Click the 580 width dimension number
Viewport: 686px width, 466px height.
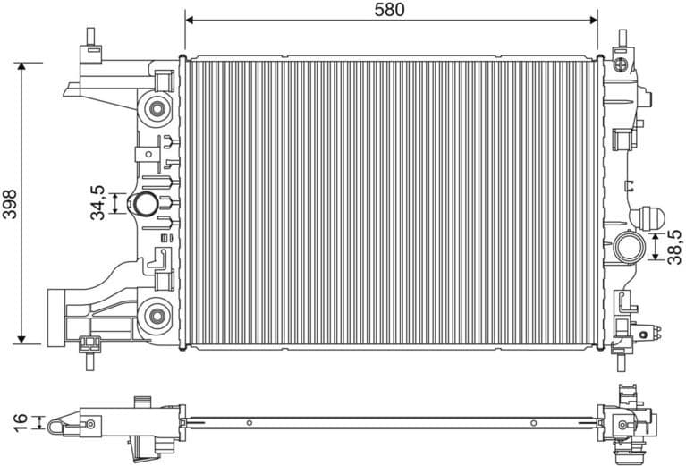tap(390, 10)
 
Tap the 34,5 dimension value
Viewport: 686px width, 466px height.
tap(98, 202)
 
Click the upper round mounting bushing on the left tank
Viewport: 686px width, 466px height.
tap(158, 110)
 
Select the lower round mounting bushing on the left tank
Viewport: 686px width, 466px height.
tap(158, 314)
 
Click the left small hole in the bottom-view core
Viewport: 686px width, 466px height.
tap(251, 421)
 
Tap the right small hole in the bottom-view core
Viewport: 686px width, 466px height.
tap(533, 422)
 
